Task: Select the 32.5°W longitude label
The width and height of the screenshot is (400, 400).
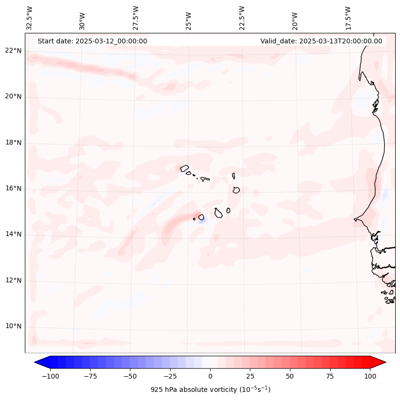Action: point(30,18)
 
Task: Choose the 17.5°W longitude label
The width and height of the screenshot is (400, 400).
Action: point(348,18)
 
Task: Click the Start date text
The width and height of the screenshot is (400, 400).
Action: point(92,41)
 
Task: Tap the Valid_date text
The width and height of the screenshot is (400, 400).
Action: point(321,41)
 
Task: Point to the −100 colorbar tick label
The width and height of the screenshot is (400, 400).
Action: point(49,376)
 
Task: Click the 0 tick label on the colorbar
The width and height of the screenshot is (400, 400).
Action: point(210,376)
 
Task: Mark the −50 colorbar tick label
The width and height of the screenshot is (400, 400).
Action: point(130,376)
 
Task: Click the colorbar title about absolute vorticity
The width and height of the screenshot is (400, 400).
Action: point(210,390)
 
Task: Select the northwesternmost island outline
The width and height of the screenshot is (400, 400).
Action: point(184,168)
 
